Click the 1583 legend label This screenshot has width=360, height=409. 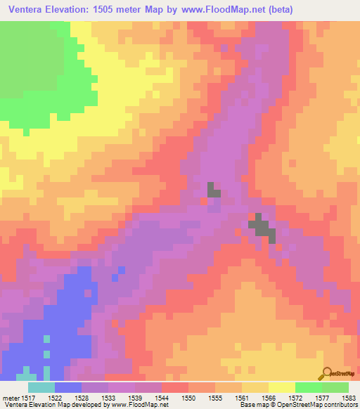(x=348, y=398)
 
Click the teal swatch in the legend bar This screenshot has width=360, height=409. (x=41, y=387)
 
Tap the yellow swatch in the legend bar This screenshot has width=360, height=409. (x=282, y=387)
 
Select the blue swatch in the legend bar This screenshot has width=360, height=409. (x=68, y=387)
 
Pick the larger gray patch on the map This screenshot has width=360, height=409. (x=262, y=226)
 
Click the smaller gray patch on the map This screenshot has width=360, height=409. (x=213, y=189)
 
